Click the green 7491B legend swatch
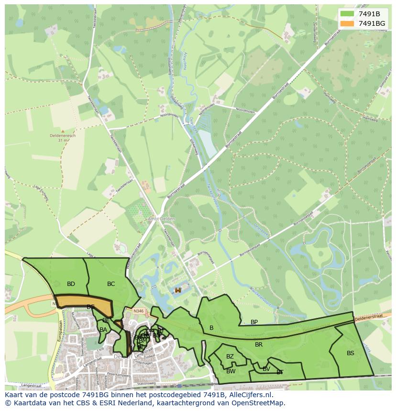[x=347, y=14]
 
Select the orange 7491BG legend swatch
[x=347, y=23]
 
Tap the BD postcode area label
[x=71, y=284]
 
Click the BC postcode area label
[x=111, y=284]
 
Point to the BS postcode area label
[x=351, y=353]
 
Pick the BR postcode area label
[x=259, y=345]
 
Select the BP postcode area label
[x=254, y=322]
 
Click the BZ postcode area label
[x=230, y=357]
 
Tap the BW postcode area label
[x=231, y=371]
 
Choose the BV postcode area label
[x=266, y=369]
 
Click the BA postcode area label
[x=103, y=329]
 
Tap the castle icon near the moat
[x=178, y=290]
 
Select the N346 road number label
[x=138, y=310]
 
